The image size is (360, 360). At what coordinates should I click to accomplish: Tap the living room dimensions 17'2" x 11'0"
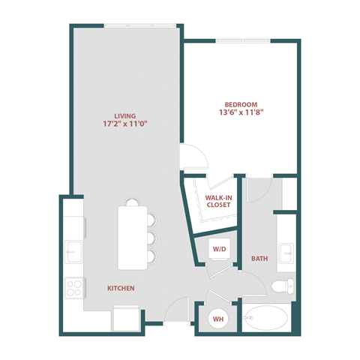(124, 126)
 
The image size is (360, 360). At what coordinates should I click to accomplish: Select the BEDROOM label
(241, 104)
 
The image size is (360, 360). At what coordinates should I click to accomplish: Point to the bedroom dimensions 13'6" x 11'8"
(241, 114)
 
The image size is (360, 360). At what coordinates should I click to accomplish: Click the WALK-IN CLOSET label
(218, 201)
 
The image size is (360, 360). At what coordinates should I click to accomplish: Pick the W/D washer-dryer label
(218, 249)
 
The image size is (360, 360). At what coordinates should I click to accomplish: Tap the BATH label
(259, 259)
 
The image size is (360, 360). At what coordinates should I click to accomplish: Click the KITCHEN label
(121, 288)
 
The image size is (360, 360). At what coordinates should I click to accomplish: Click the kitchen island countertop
(133, 236)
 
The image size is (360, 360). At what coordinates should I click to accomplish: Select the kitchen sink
(73, 249)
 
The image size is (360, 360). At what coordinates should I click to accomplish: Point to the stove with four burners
(74, 288)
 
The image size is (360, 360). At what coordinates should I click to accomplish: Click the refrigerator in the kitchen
(126, 318)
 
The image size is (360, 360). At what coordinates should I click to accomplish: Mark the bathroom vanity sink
(286, 252)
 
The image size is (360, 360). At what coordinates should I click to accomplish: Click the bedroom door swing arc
(193, 157)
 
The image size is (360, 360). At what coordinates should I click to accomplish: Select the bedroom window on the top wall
(244, 39)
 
